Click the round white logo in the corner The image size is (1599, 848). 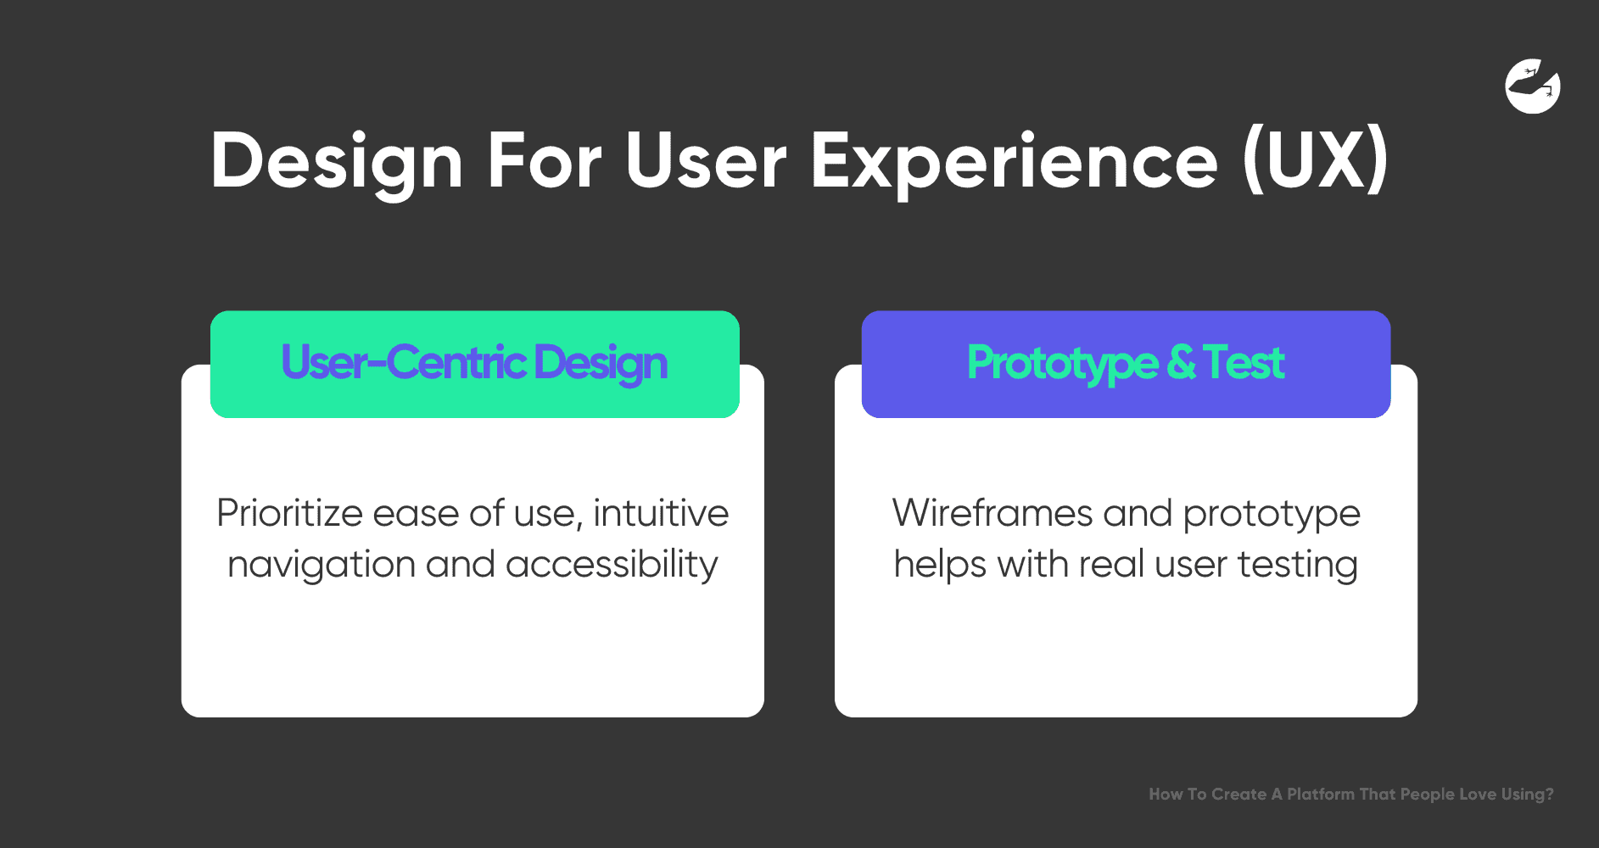coord(1533,86)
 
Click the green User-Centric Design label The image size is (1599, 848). coord(475,364)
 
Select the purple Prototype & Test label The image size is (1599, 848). coord(1126,364)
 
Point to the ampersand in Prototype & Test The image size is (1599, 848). coord(1181,362)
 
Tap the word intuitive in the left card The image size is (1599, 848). coord(661,513)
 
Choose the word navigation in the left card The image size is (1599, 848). coord(321,565)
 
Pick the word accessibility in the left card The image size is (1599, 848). coord(612,565)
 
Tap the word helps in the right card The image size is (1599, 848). coord(940,565)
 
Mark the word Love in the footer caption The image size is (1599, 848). coord(1478,795)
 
